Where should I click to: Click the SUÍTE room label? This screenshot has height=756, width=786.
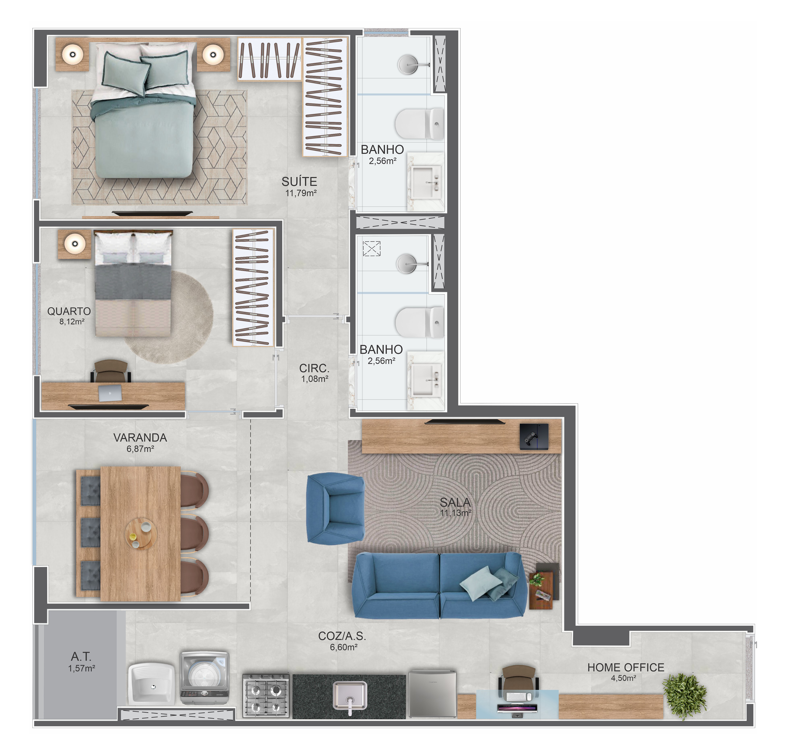(x=299, y=182)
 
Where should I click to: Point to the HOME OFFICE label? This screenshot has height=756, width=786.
(x=626, y=667)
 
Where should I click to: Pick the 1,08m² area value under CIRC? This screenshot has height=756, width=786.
(x=315, y=379)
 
